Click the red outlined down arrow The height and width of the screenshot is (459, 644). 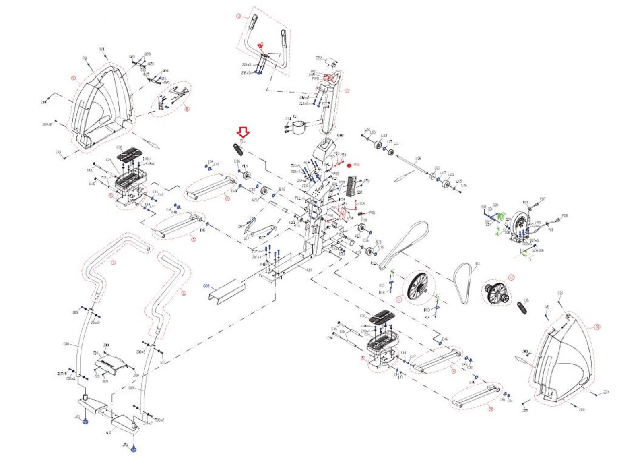click(244, 132)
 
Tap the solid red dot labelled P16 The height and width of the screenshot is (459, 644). click(349, 165)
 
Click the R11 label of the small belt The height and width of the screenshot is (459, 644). click(478, 264)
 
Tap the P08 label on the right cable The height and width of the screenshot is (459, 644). click(565, 216)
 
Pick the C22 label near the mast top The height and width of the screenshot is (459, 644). click(319, 58)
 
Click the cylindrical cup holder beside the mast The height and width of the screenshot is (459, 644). click(300, 128)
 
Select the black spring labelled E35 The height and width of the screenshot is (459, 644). click(522, 308)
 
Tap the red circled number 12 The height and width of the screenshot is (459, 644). click(511, 277)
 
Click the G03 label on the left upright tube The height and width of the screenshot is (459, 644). click(66, 344)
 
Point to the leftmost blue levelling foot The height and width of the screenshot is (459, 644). click(85, 421)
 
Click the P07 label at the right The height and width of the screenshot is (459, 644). click(542, 199)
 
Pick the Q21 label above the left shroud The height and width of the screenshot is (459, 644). click(85, 58)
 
